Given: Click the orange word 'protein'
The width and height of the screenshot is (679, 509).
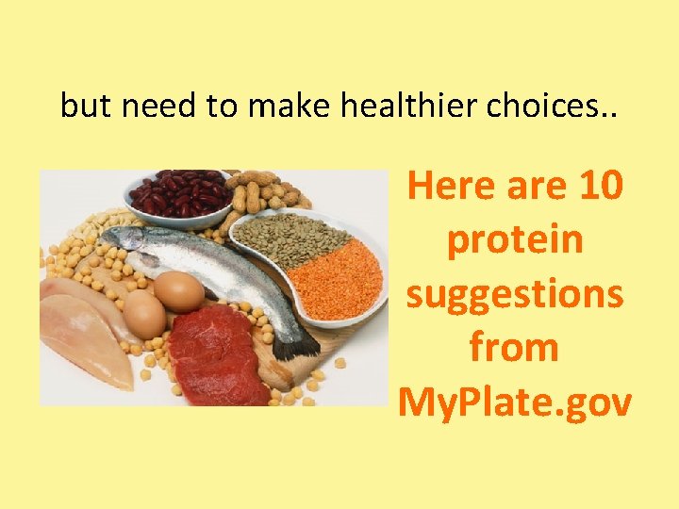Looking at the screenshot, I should (515, 240).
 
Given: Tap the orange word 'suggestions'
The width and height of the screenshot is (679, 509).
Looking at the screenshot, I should (515, 295).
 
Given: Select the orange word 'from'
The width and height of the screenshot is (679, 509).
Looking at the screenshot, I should (515, 349).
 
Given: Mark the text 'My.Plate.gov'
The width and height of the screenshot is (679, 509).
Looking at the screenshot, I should (515, 402).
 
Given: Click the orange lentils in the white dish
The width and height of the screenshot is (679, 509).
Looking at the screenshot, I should (335, 277).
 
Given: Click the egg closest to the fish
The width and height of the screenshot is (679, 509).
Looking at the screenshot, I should (179, 290).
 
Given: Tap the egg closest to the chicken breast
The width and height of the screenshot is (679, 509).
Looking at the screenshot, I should (143, 313).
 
